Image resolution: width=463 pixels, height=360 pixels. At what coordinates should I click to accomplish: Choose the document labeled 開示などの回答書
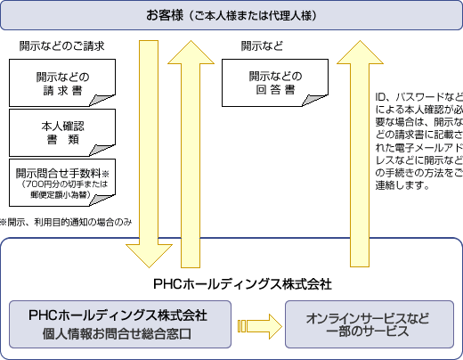(275, 83)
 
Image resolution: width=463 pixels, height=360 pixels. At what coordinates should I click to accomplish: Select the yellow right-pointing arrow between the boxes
(257, 323)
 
